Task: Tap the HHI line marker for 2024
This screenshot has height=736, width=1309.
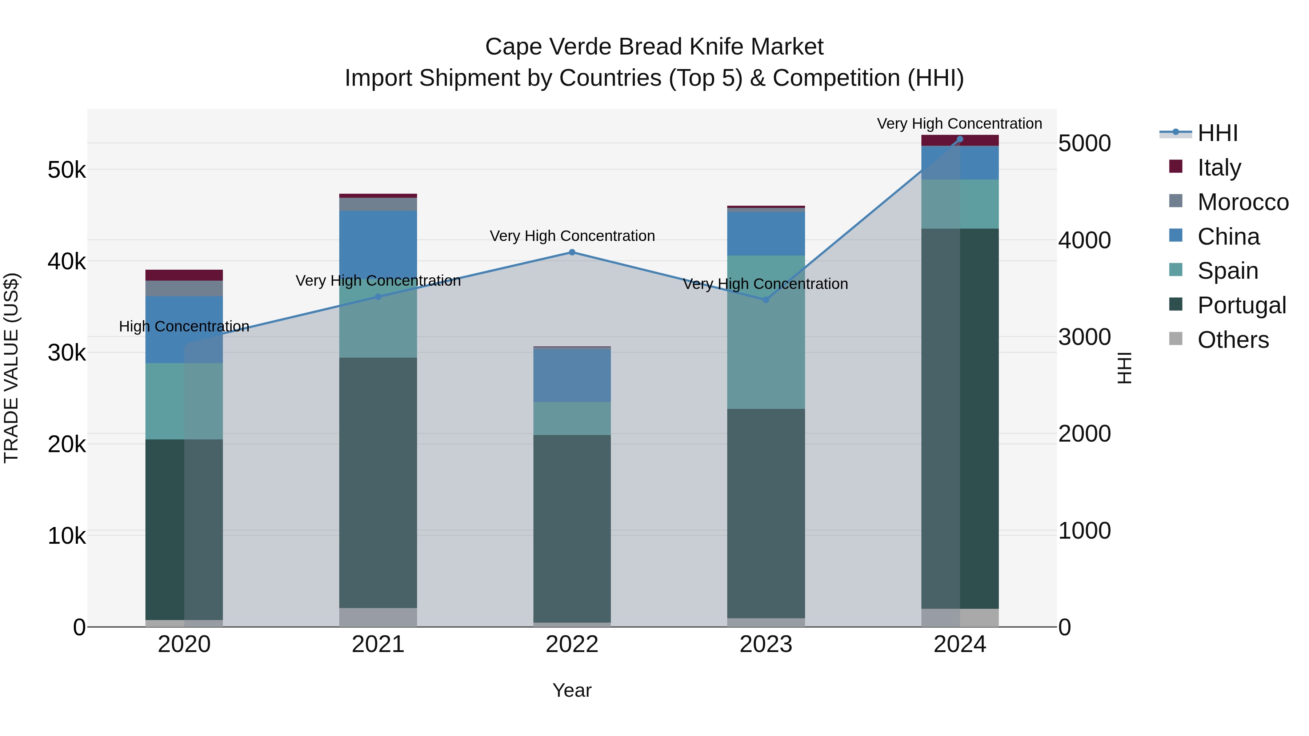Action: tap(960, 139)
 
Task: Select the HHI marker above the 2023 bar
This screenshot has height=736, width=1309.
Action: tap(766, 300)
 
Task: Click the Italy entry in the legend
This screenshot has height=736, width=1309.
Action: tap(1218, 167)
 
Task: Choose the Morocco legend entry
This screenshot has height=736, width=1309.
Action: tap(1242, 202)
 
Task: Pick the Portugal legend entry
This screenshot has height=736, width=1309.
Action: tap(1241, 305)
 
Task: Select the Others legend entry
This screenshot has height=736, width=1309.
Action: tap(1233, 340)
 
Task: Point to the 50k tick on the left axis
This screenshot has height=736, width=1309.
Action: tap(67, 170)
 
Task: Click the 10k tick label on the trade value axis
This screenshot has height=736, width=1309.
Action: tap(67, 535)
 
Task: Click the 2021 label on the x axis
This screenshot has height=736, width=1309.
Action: tap(378, 644)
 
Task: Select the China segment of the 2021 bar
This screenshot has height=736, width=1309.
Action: tap(378, 239)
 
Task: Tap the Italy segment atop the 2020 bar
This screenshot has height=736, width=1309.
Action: tap(184, 275)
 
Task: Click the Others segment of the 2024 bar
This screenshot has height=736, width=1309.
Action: tap(960, 617)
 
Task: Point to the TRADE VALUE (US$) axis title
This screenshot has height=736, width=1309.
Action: tap(11, 368)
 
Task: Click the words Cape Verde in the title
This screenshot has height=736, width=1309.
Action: tap(548, 47)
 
